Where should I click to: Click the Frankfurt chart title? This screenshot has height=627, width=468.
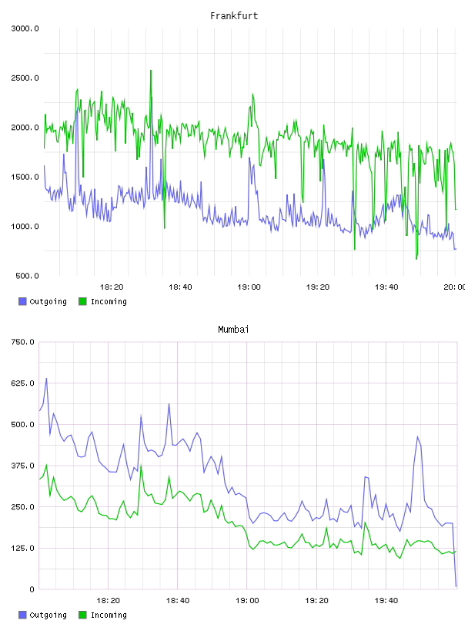[x=234, y=16]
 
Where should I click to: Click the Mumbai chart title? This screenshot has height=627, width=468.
[x=233, y=330]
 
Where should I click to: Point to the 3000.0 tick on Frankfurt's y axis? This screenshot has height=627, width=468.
[x=25, y=28]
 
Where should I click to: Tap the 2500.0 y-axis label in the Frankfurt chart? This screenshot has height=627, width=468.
[x=25, y=78]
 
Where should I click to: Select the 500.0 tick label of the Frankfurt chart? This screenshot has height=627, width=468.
[x=27, y=276]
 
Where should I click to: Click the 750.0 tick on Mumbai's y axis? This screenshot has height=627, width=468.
[x=22, y=342]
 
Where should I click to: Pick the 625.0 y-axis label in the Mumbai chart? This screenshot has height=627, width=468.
[x=22, y=383]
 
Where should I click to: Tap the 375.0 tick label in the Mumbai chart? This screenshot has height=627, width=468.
[x=22, y=466]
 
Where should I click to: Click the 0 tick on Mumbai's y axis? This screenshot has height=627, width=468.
[x=32, y=589]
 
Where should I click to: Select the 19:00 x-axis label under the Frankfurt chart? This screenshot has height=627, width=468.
[x=249, y=287]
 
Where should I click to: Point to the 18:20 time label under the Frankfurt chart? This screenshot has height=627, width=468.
[x=112, y=287]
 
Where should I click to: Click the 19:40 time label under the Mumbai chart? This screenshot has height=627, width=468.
[x=386, y=601]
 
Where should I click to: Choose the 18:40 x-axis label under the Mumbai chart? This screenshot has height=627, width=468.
[x=178, y=601]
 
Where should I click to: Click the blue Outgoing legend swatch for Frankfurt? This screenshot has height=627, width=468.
[x=22, y=301]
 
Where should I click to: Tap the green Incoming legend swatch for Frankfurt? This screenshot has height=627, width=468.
[x=82, y=301]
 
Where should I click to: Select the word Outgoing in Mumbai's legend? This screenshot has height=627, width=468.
[x=48, y=615]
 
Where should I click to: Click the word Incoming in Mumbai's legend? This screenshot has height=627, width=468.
[x=109, y=615]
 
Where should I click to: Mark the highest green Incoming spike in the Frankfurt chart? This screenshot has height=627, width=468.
[x=151, y=71]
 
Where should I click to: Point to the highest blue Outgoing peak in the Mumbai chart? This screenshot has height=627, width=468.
[x=46, y=378]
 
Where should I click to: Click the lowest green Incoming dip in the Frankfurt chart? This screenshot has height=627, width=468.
[x=416, y=259]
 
